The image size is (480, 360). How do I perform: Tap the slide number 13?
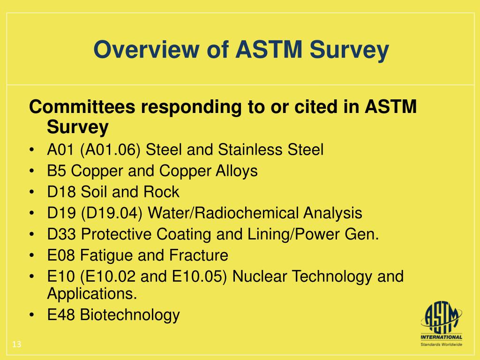click(x=17, y=345)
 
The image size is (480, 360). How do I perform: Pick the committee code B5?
click(x=56, y=171)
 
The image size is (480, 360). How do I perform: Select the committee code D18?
click(x=61, y=192)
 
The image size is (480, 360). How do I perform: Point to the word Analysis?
click(x=332, y=213)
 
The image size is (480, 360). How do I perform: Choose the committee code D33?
click(x=61, y=234)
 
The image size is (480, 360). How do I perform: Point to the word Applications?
click(x=92, y=294)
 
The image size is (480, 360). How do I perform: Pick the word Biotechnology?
click(x=130, y=315)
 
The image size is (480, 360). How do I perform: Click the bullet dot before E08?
click(x=31, y=256)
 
